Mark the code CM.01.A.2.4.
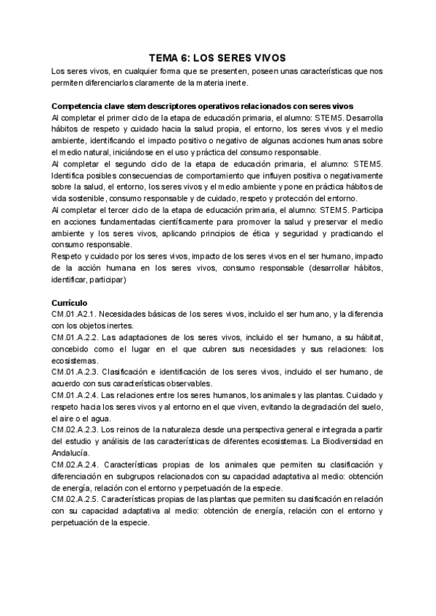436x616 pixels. [x=75, y=395]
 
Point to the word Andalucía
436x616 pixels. [x=73, y=452]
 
